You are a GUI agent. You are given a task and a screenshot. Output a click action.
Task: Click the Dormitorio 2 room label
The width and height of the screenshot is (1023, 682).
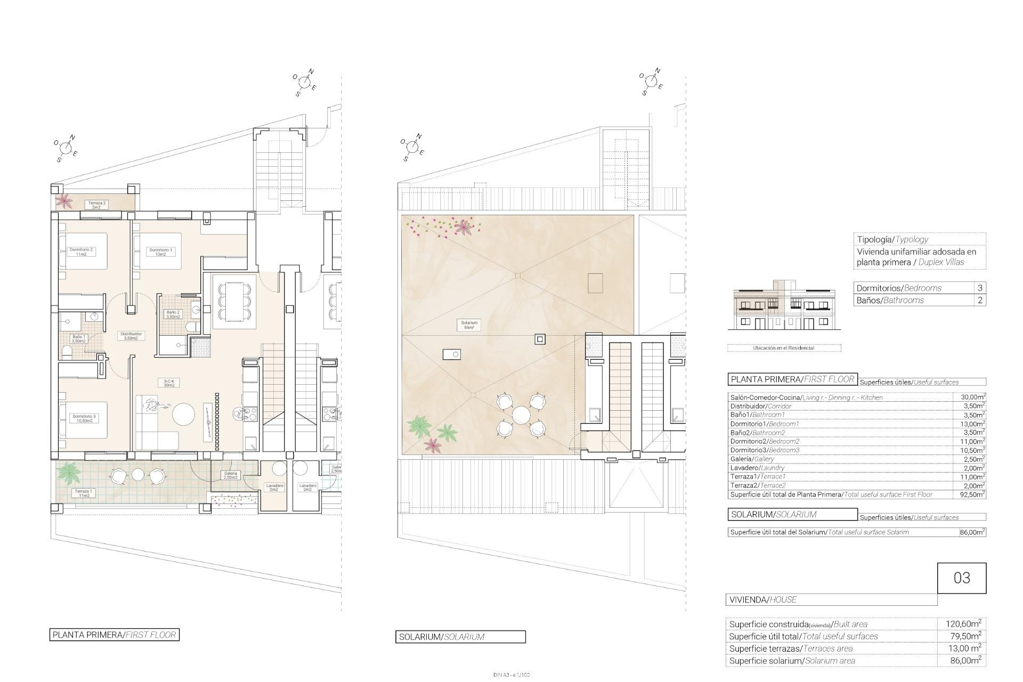[x=81, y=251]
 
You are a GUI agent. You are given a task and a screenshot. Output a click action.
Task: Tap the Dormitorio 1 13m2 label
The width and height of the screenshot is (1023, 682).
[x=160, y=251]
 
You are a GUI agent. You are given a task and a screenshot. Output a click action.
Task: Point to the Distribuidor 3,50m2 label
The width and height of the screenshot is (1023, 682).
[x=131, y=336]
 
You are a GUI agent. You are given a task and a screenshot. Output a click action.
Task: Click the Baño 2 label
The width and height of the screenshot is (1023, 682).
[x=173, y=314]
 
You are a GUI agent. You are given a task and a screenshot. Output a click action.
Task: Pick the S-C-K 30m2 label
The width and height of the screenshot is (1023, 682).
[x=169, y=383]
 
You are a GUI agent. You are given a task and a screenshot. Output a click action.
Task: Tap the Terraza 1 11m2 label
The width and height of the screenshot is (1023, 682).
[x=83, y=493]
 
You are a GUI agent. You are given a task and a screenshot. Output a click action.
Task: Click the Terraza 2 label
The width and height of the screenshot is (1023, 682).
[x=96, y=205]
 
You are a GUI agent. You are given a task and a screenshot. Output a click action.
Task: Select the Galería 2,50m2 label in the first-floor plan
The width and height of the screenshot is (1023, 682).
[x=230, y=475]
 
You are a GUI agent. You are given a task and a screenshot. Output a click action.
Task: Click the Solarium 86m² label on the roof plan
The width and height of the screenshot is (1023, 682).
[x=469, y=325]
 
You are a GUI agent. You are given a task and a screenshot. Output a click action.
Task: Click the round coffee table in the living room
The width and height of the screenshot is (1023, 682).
[x=183, y=414]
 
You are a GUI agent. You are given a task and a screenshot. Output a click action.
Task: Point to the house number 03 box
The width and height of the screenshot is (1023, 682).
[x=962, y=578]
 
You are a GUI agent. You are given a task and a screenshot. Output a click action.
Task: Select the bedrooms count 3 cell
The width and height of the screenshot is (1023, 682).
[x=980, y=288]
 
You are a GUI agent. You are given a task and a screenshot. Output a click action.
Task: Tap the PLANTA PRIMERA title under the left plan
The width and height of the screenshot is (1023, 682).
[x=114, y=635]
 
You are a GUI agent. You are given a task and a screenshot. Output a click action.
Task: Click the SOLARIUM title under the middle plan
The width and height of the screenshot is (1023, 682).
[x=460, y=637]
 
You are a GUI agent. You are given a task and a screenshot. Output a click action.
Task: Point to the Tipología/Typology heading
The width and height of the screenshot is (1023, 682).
[x=892, y=239]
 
